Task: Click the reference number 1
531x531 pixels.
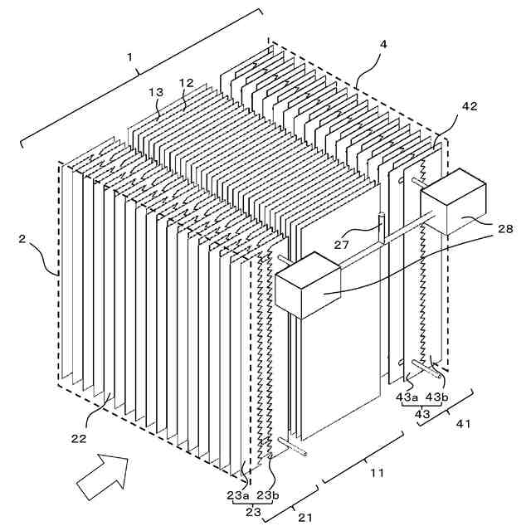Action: [129, 56]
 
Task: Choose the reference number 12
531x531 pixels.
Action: [186, 83]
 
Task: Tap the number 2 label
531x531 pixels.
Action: [24, 240]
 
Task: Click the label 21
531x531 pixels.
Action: [304, 518]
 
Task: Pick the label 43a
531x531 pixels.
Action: [407, 397]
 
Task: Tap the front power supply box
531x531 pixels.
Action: [307, 284]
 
